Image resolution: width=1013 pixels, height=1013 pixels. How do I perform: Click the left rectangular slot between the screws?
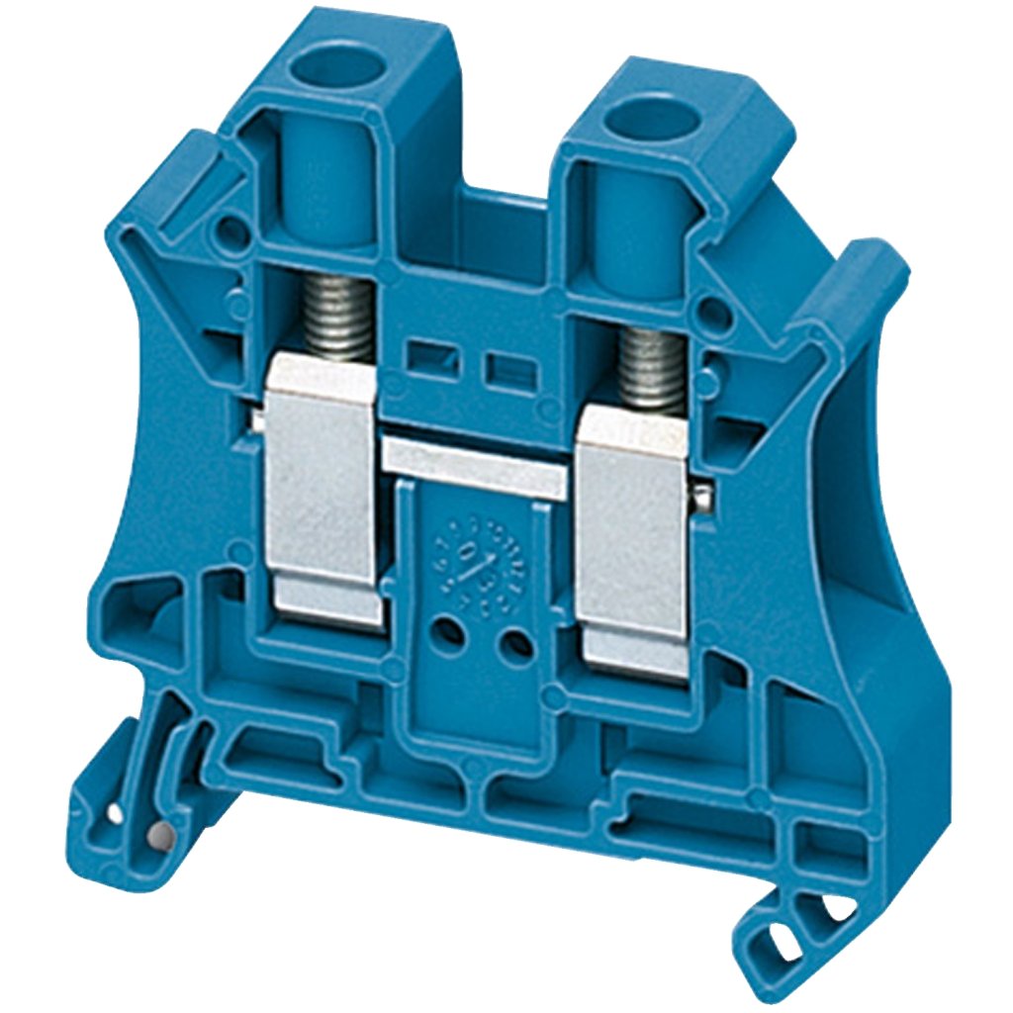pos(430,357)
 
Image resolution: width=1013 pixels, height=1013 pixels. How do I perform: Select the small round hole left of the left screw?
pos(230,232)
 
